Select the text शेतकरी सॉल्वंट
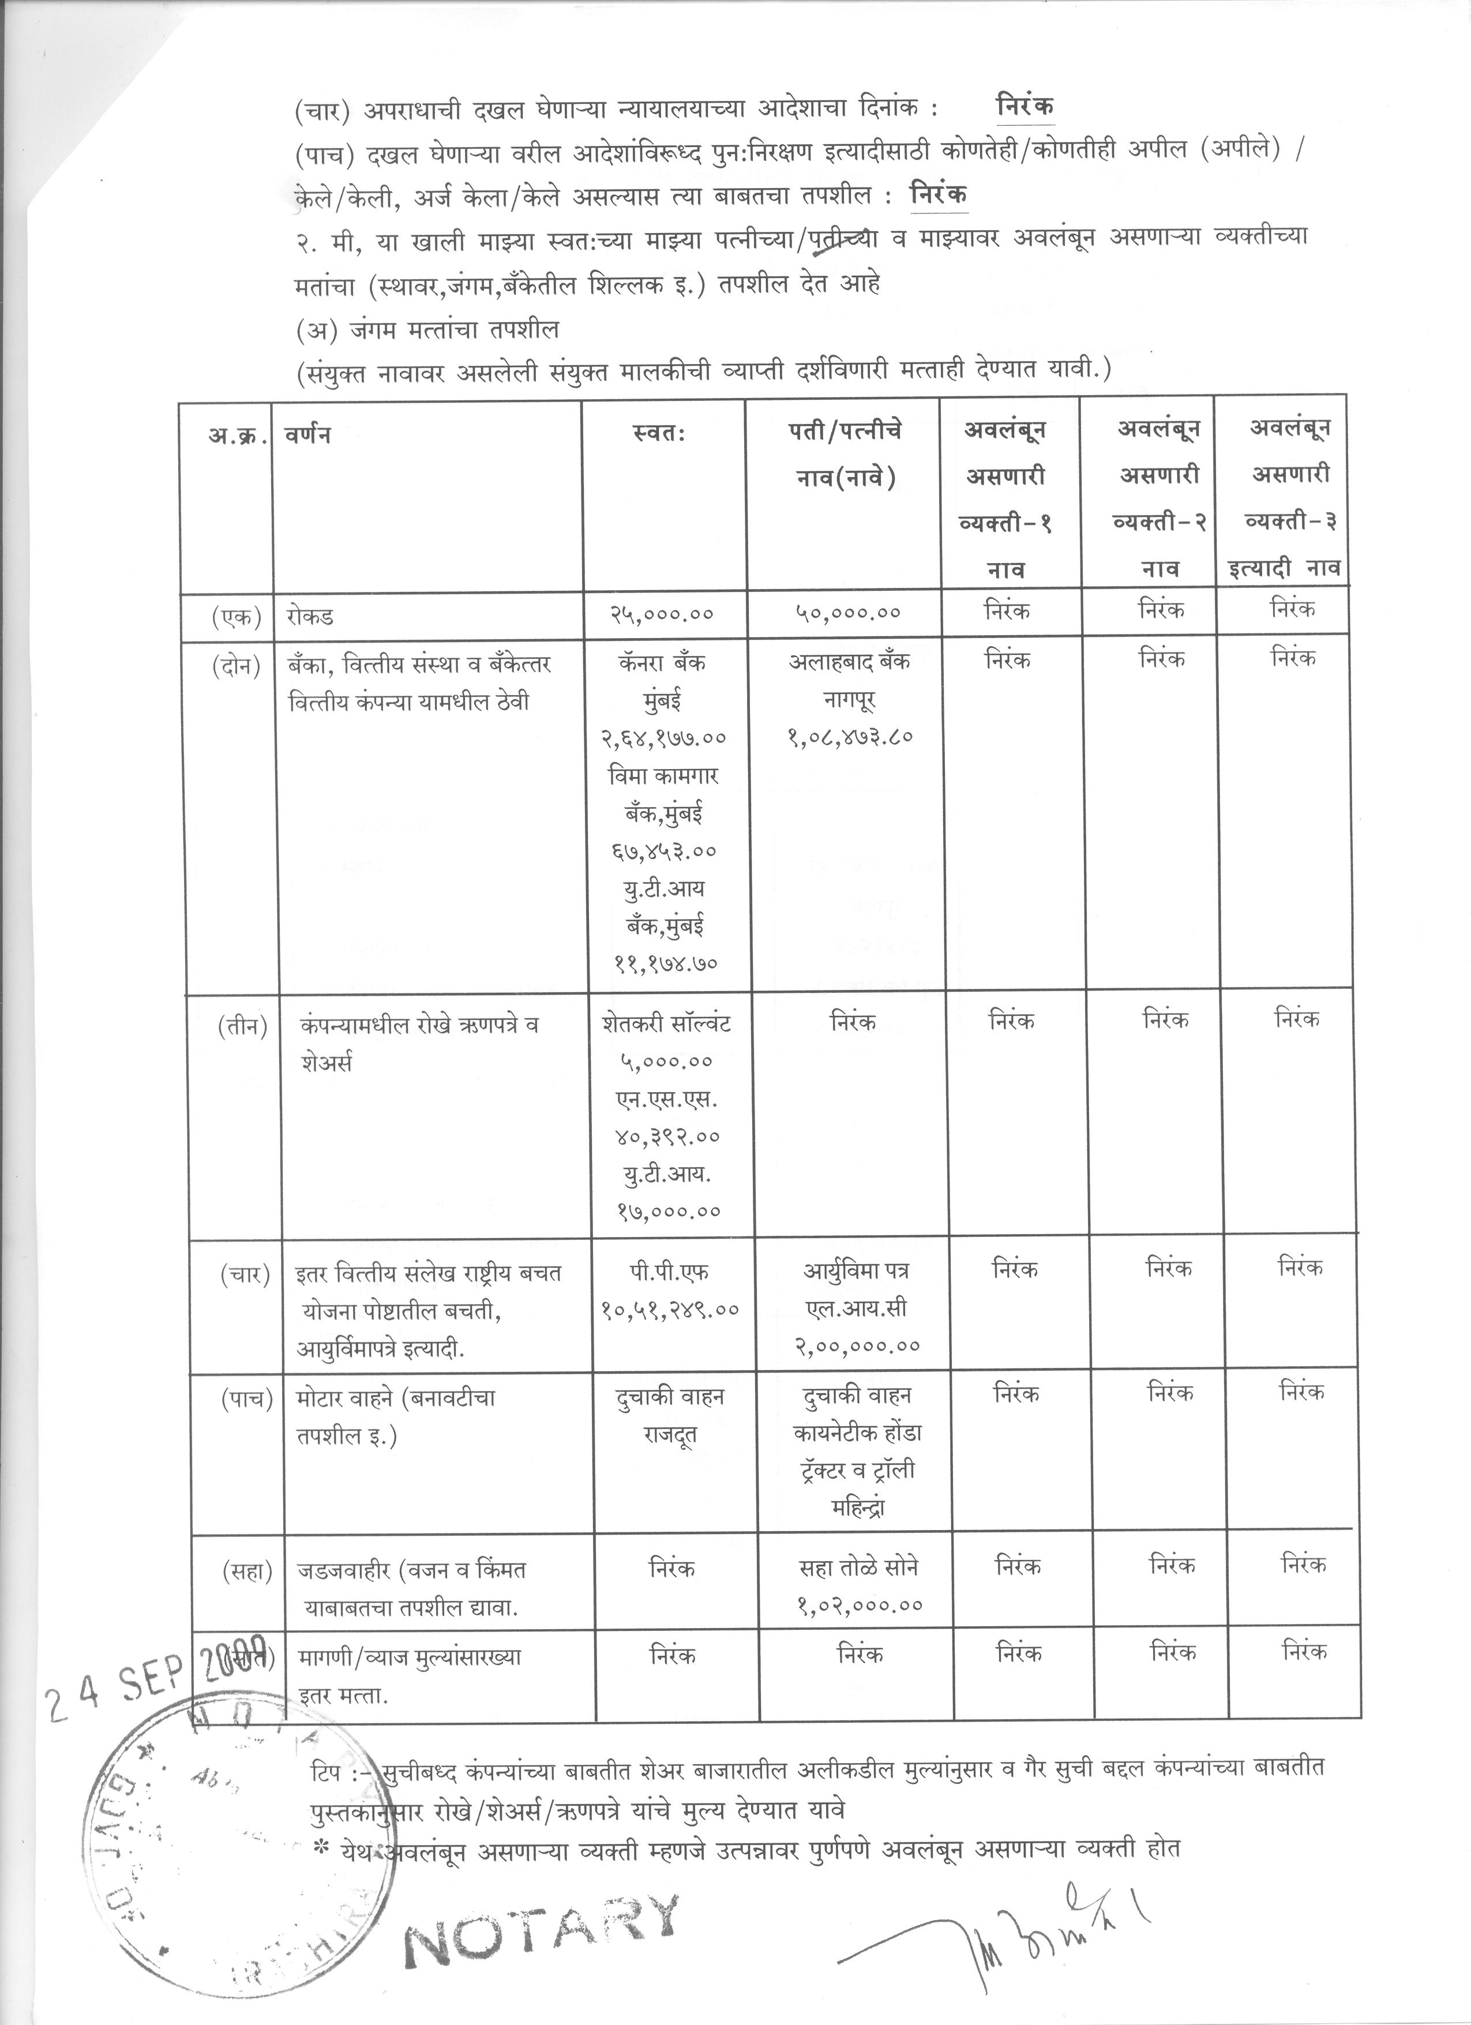[x=666, y=1023]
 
